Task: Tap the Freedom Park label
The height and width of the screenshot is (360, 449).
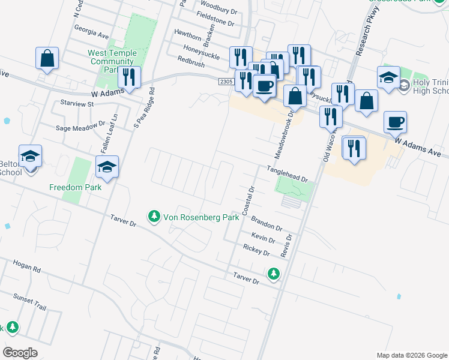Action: pos(76,187)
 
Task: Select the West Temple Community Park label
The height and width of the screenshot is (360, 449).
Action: pos(112,61)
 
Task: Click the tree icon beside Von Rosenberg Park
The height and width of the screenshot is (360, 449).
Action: pos(154,215)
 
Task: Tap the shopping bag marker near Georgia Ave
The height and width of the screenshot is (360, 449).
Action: pos(47,59)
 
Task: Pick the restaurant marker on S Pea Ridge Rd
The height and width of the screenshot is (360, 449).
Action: pos(129,78)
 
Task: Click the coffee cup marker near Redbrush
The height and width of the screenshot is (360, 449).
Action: pos(264,86)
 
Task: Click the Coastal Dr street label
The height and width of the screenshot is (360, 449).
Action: pos(249,201)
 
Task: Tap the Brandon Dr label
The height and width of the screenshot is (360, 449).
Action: pos(267,223)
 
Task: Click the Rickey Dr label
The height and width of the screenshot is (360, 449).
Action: pos(256,250)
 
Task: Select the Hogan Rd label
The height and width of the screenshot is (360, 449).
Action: pos(26,266)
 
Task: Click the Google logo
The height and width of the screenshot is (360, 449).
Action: pos(20,352)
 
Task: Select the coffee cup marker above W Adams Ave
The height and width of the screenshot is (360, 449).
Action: pos(395,122)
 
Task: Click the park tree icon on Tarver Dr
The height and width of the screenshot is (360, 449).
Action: pos(274,274)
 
